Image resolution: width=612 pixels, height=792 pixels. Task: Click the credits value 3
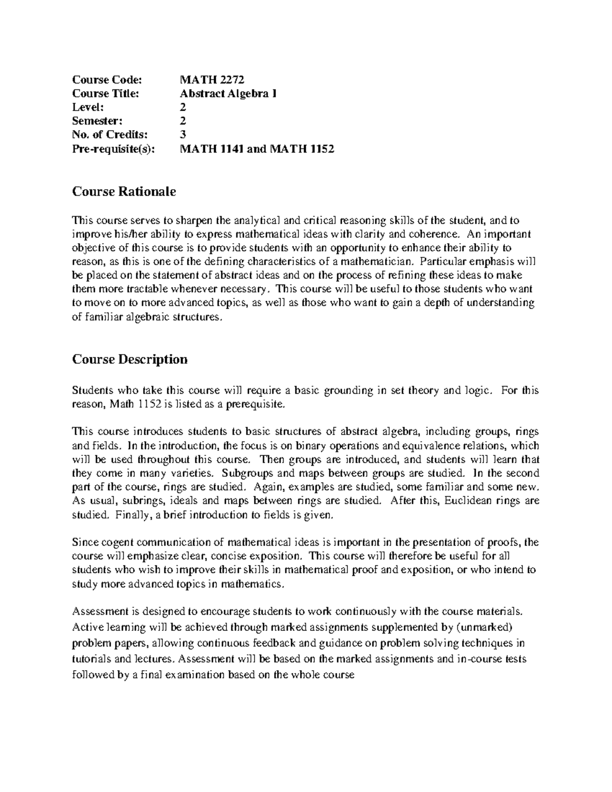coord(183,135)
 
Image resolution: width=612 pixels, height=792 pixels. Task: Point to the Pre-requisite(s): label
coord(112,149)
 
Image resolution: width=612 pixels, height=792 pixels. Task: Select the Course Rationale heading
coord(124,192)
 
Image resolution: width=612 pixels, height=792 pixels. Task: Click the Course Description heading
coord(130,360)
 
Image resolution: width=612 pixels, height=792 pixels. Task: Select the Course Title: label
coord(105,93)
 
